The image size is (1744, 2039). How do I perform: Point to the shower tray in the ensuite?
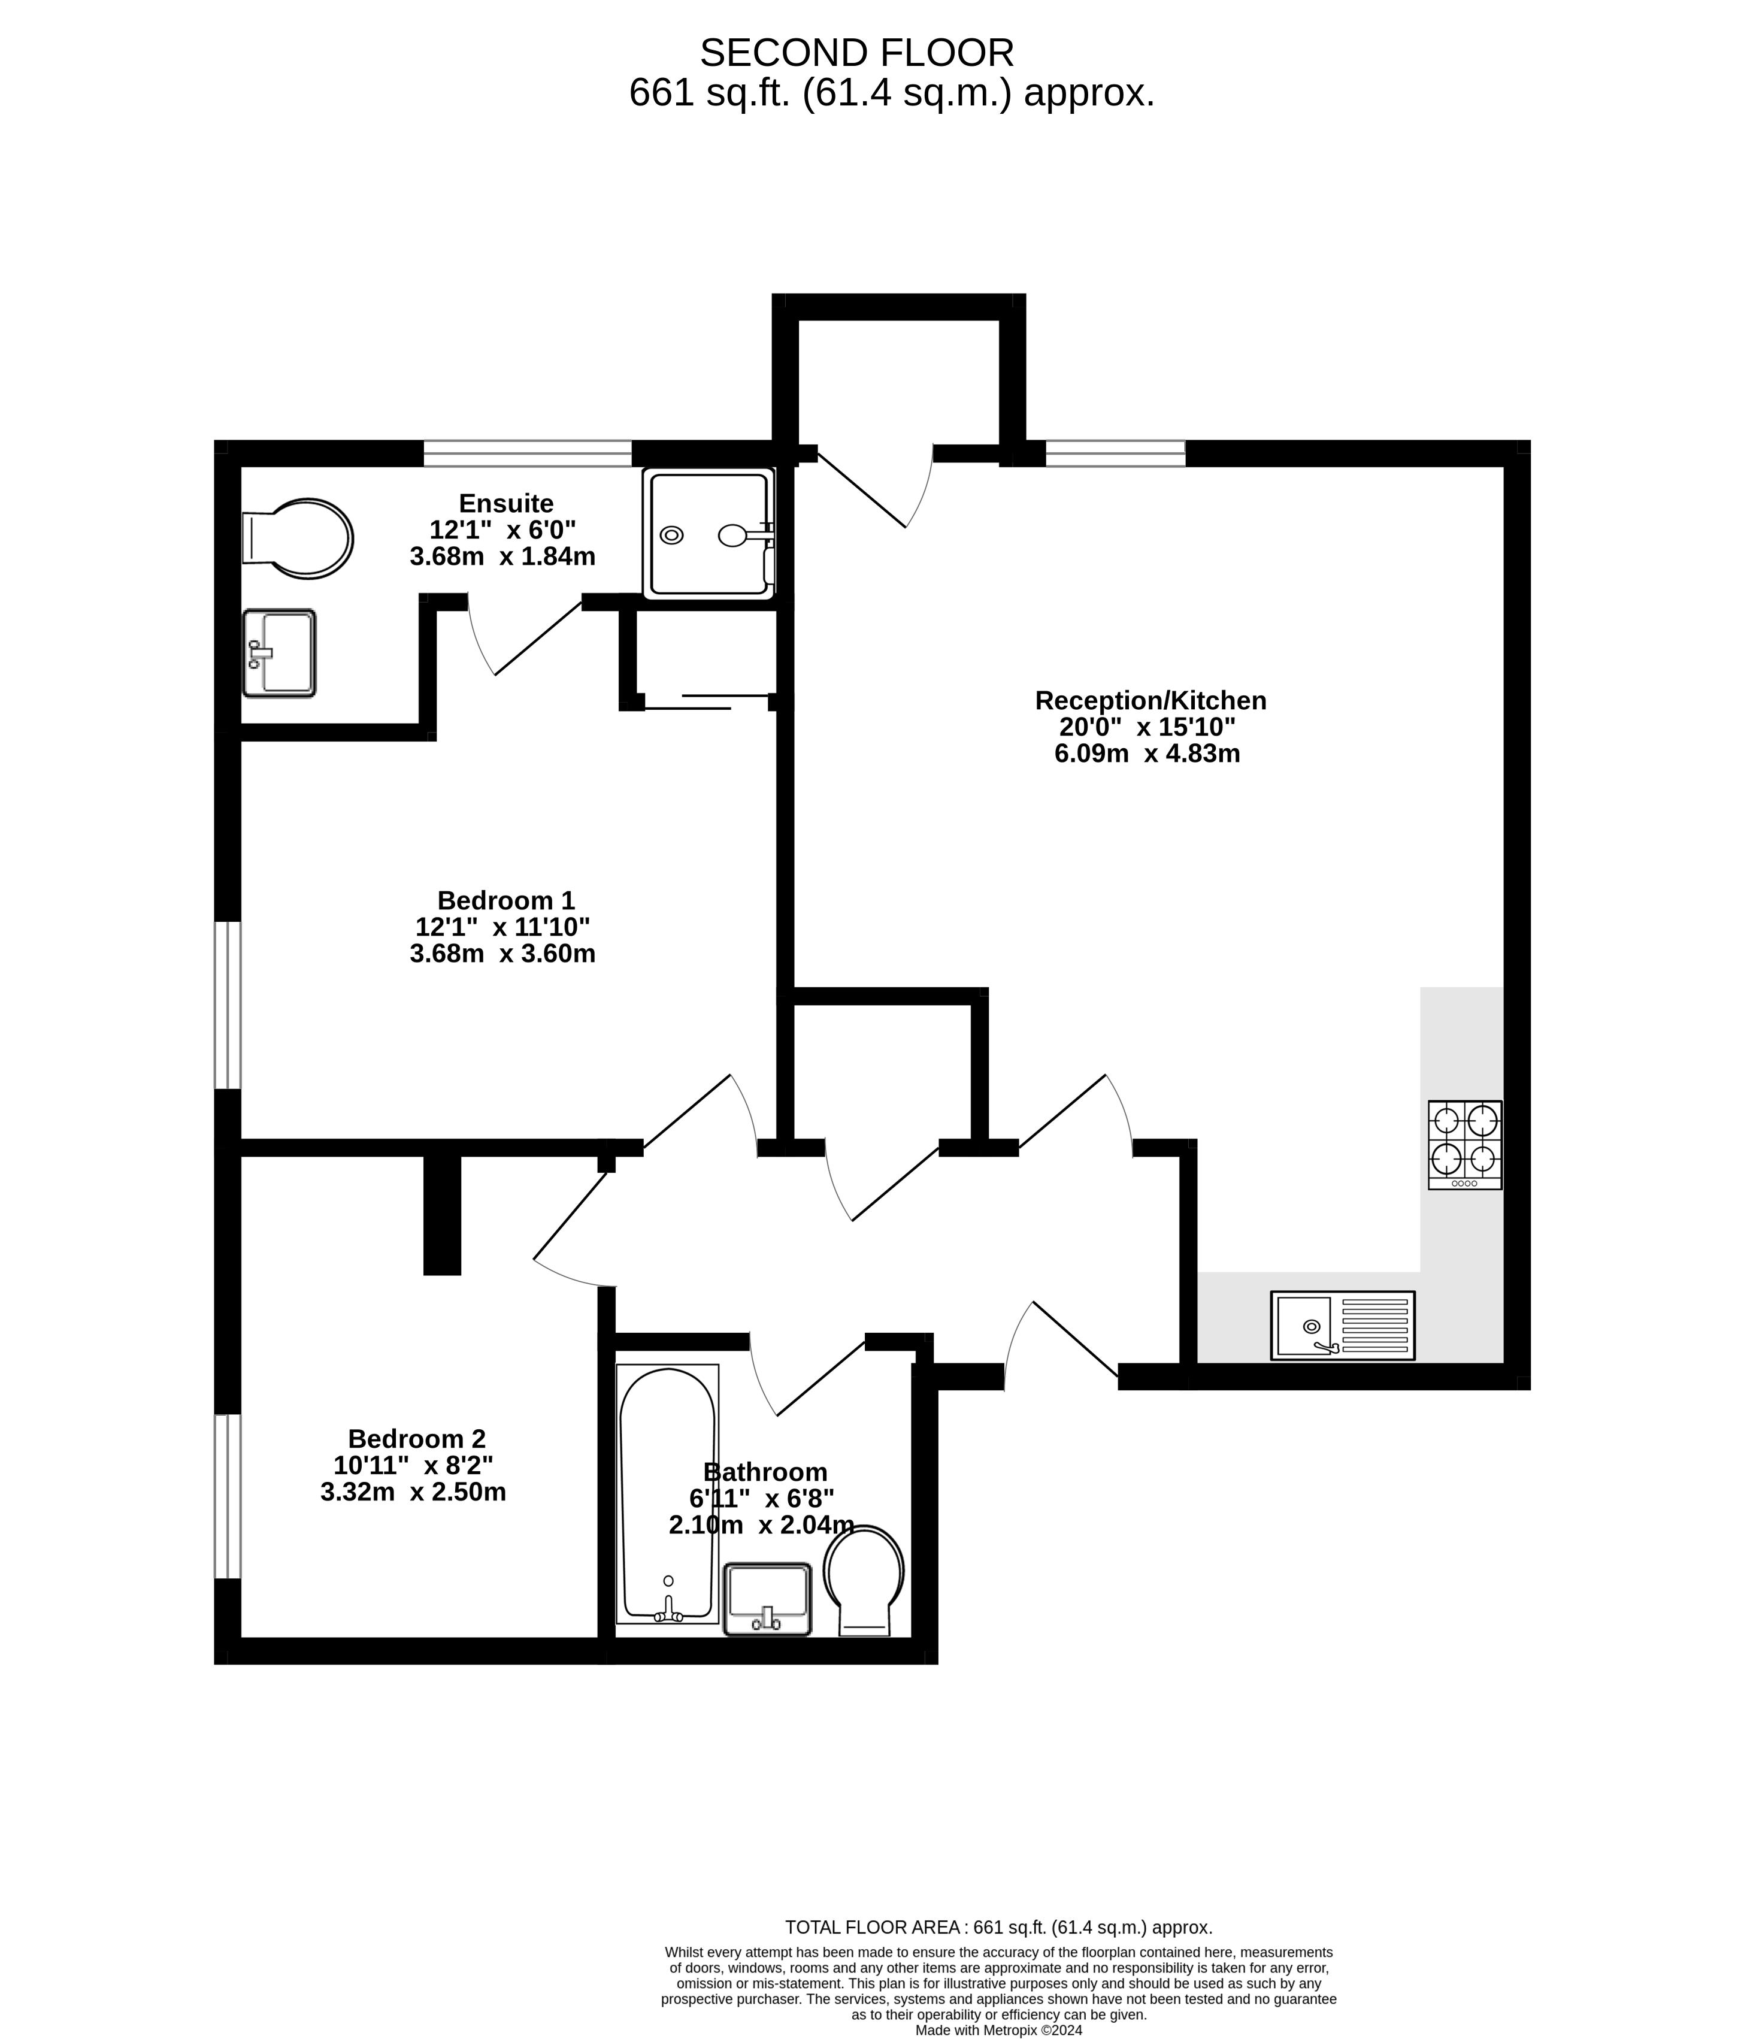[708, 533]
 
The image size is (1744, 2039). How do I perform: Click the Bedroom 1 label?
[505, 900]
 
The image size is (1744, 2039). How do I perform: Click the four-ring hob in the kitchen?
[1466, 1145]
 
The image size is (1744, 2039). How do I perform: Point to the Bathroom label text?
[765, 1472]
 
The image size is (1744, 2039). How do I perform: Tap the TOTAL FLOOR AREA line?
[998, 1928]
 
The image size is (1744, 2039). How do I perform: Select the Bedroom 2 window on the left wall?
[228, 1497]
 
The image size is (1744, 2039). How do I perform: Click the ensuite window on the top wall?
[527, 453]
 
